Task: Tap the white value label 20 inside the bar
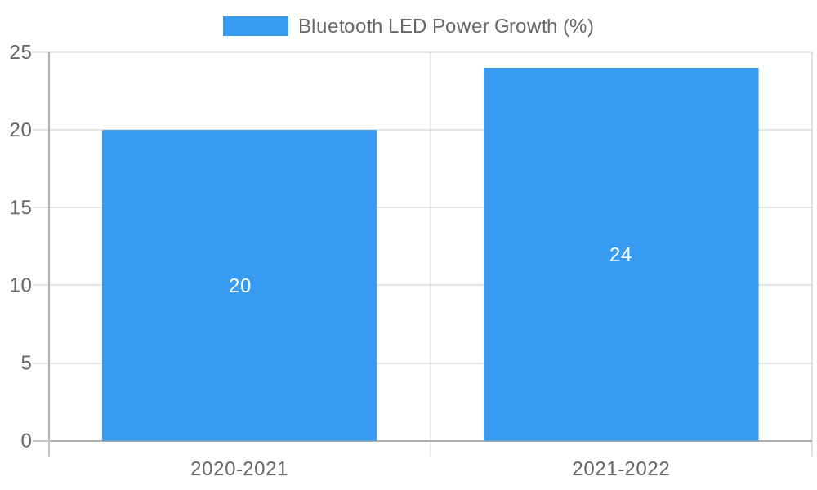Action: pos(239,286)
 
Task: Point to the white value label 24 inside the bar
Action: pos(621,255)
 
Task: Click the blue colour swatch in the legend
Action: pos(256,26)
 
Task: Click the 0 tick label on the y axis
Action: pos(25,441)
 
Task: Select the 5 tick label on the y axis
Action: pos(25,363)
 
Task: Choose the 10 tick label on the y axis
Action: pos(20,286)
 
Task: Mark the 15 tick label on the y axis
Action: pos(20,208)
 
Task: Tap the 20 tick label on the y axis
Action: pos(20,130)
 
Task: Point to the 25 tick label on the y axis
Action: pos(20,53)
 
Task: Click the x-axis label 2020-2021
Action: pos(239,469)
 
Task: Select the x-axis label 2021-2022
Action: pos(621,469)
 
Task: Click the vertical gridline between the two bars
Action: pos(431,245)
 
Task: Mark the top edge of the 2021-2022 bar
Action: pos(621,69)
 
